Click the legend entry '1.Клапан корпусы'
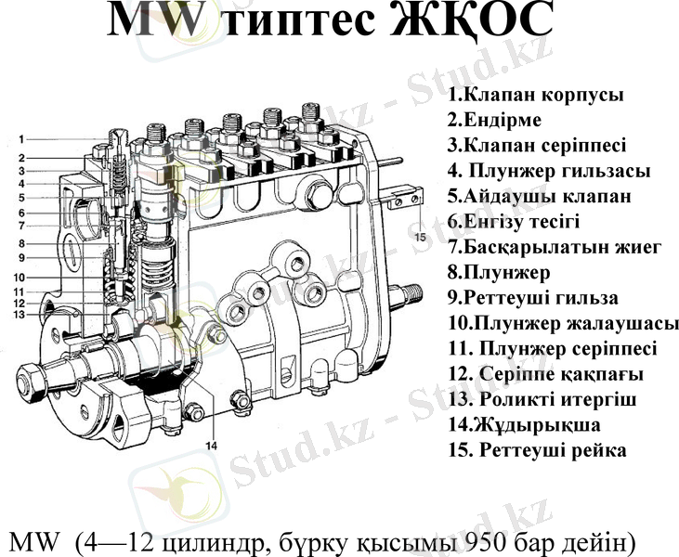coord(535,95)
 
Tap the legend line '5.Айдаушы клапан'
coord(540,197)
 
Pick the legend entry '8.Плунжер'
coord(498,273)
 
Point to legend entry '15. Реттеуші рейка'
coord(537,450)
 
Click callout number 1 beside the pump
coord(20,139)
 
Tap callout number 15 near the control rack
coord(421,238)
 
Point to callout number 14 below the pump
coord(211,446)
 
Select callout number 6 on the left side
coord(20,213)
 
